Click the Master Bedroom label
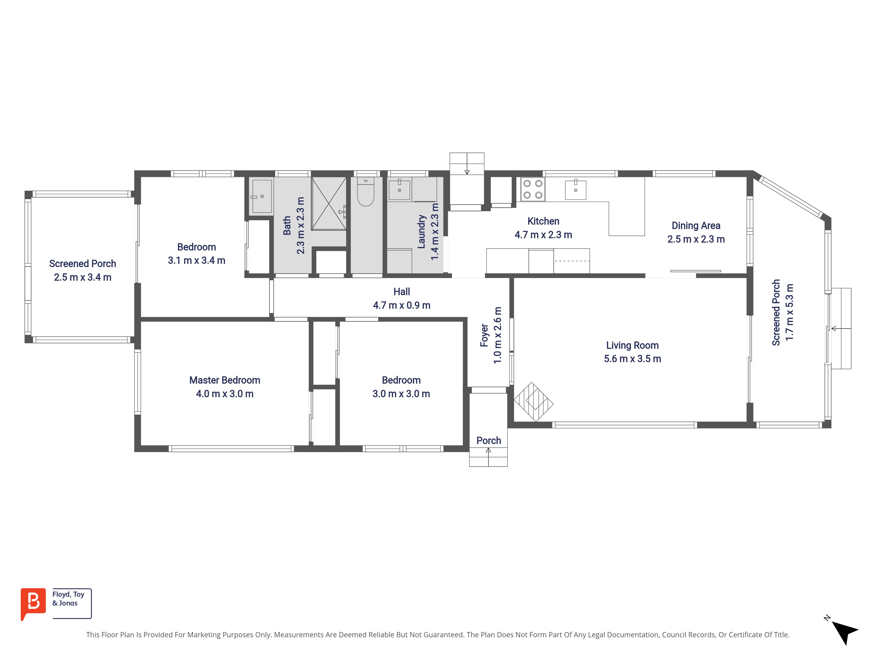[224, 380]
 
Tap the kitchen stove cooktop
[533, 189]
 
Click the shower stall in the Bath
[329, 203]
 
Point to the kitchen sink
[575, 190]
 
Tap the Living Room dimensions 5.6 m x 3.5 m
[632, 359]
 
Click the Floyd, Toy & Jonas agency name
[68, 599]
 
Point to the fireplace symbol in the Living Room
[533, 402]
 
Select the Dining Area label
[696, 226]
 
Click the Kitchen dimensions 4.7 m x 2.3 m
[543, 235]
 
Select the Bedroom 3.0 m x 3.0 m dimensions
[401, 394]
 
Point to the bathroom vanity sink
[262, 196]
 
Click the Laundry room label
[421, 232]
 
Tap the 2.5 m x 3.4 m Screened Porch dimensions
[83, 277]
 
